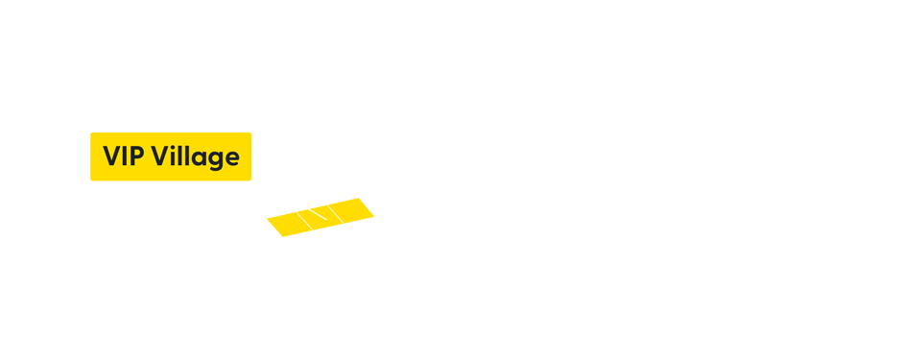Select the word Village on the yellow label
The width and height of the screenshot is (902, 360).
coord(195,156)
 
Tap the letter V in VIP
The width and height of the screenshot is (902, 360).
coord(111,156)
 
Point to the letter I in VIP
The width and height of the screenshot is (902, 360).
coord(125,156)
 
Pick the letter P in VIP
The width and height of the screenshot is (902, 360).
coord(136,156)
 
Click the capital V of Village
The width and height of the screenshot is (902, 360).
coord(159,156)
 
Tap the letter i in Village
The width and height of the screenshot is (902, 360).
coord(173,157)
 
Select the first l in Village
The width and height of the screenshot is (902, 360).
coord(180,156)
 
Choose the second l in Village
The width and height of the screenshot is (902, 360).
coord(187,156)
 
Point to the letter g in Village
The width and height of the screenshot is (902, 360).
coord(215,160)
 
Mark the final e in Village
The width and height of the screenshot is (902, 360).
coord(231,158)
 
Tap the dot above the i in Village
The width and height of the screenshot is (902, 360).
coord(173,147)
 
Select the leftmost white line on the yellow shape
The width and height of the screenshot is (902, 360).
coord(303,221)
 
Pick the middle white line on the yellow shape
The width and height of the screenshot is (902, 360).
coord(319,214)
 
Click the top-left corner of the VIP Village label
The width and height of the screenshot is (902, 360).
coord(90,132)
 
